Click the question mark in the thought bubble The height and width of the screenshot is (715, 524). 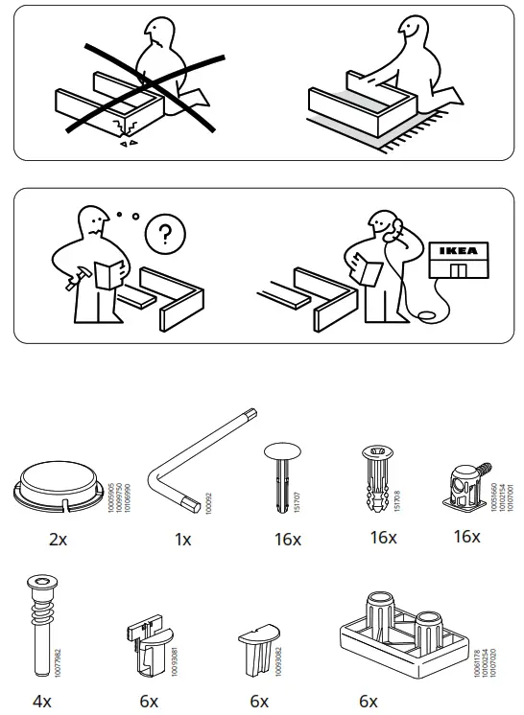point(164,233)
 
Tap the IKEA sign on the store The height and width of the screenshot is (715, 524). point(456,252)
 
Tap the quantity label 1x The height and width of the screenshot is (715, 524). point(182,540)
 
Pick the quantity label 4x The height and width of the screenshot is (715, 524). point(41,702)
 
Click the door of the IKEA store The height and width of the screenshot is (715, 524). point(459,270)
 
